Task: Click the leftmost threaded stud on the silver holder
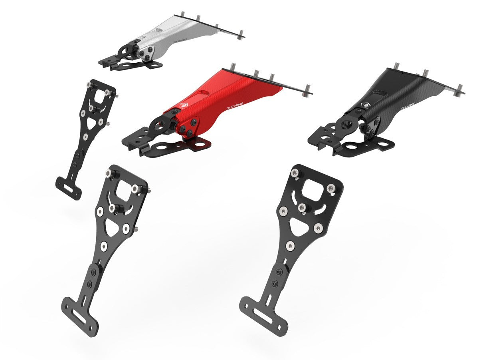pyautogui.click(x=182, y=14)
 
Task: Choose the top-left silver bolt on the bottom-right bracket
pyautogui.click(x=295, y=173)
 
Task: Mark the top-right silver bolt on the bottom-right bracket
pyautogui.click(x=331, y=188)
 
